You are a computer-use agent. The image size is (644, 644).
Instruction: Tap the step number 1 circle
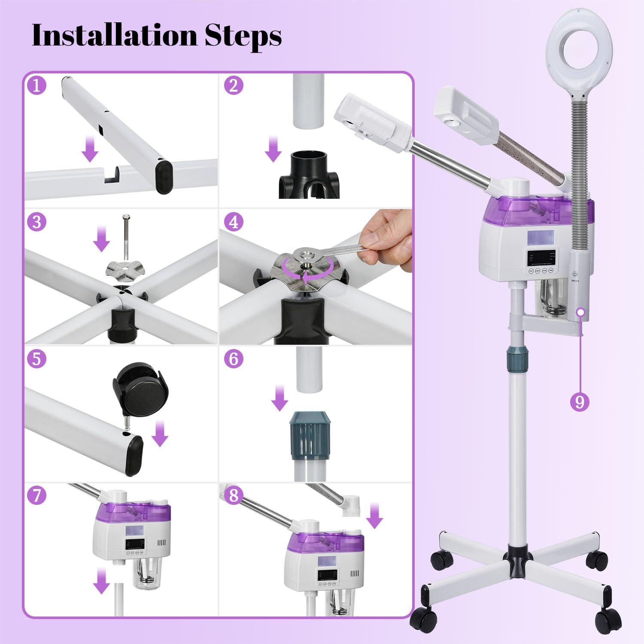(x=36, y=86)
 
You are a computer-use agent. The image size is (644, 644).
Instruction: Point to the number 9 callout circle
(x=580, y=402)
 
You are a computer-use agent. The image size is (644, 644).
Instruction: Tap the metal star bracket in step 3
(x=123, y=270)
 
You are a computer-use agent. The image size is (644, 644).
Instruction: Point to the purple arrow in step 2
(x=273, y=150)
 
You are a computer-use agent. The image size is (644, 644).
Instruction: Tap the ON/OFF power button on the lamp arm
(x=576, y=273)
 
